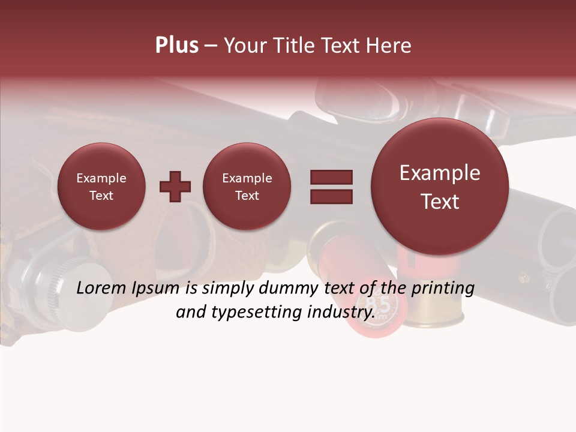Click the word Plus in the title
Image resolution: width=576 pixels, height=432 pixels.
click(176, 46)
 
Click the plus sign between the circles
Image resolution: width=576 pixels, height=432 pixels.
click(175, 187)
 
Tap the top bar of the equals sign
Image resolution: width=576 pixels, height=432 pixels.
click(331, 177)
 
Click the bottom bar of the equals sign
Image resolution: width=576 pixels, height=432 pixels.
click(331, 196)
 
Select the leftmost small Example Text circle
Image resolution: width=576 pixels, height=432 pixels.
click(101, 187)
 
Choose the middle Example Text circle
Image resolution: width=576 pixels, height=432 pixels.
click(247, 187)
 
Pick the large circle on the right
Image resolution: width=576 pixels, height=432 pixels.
click(440, 187)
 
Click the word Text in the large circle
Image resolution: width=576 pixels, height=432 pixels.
click(440, 202)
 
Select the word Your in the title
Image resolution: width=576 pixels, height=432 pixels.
click(243, 46)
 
